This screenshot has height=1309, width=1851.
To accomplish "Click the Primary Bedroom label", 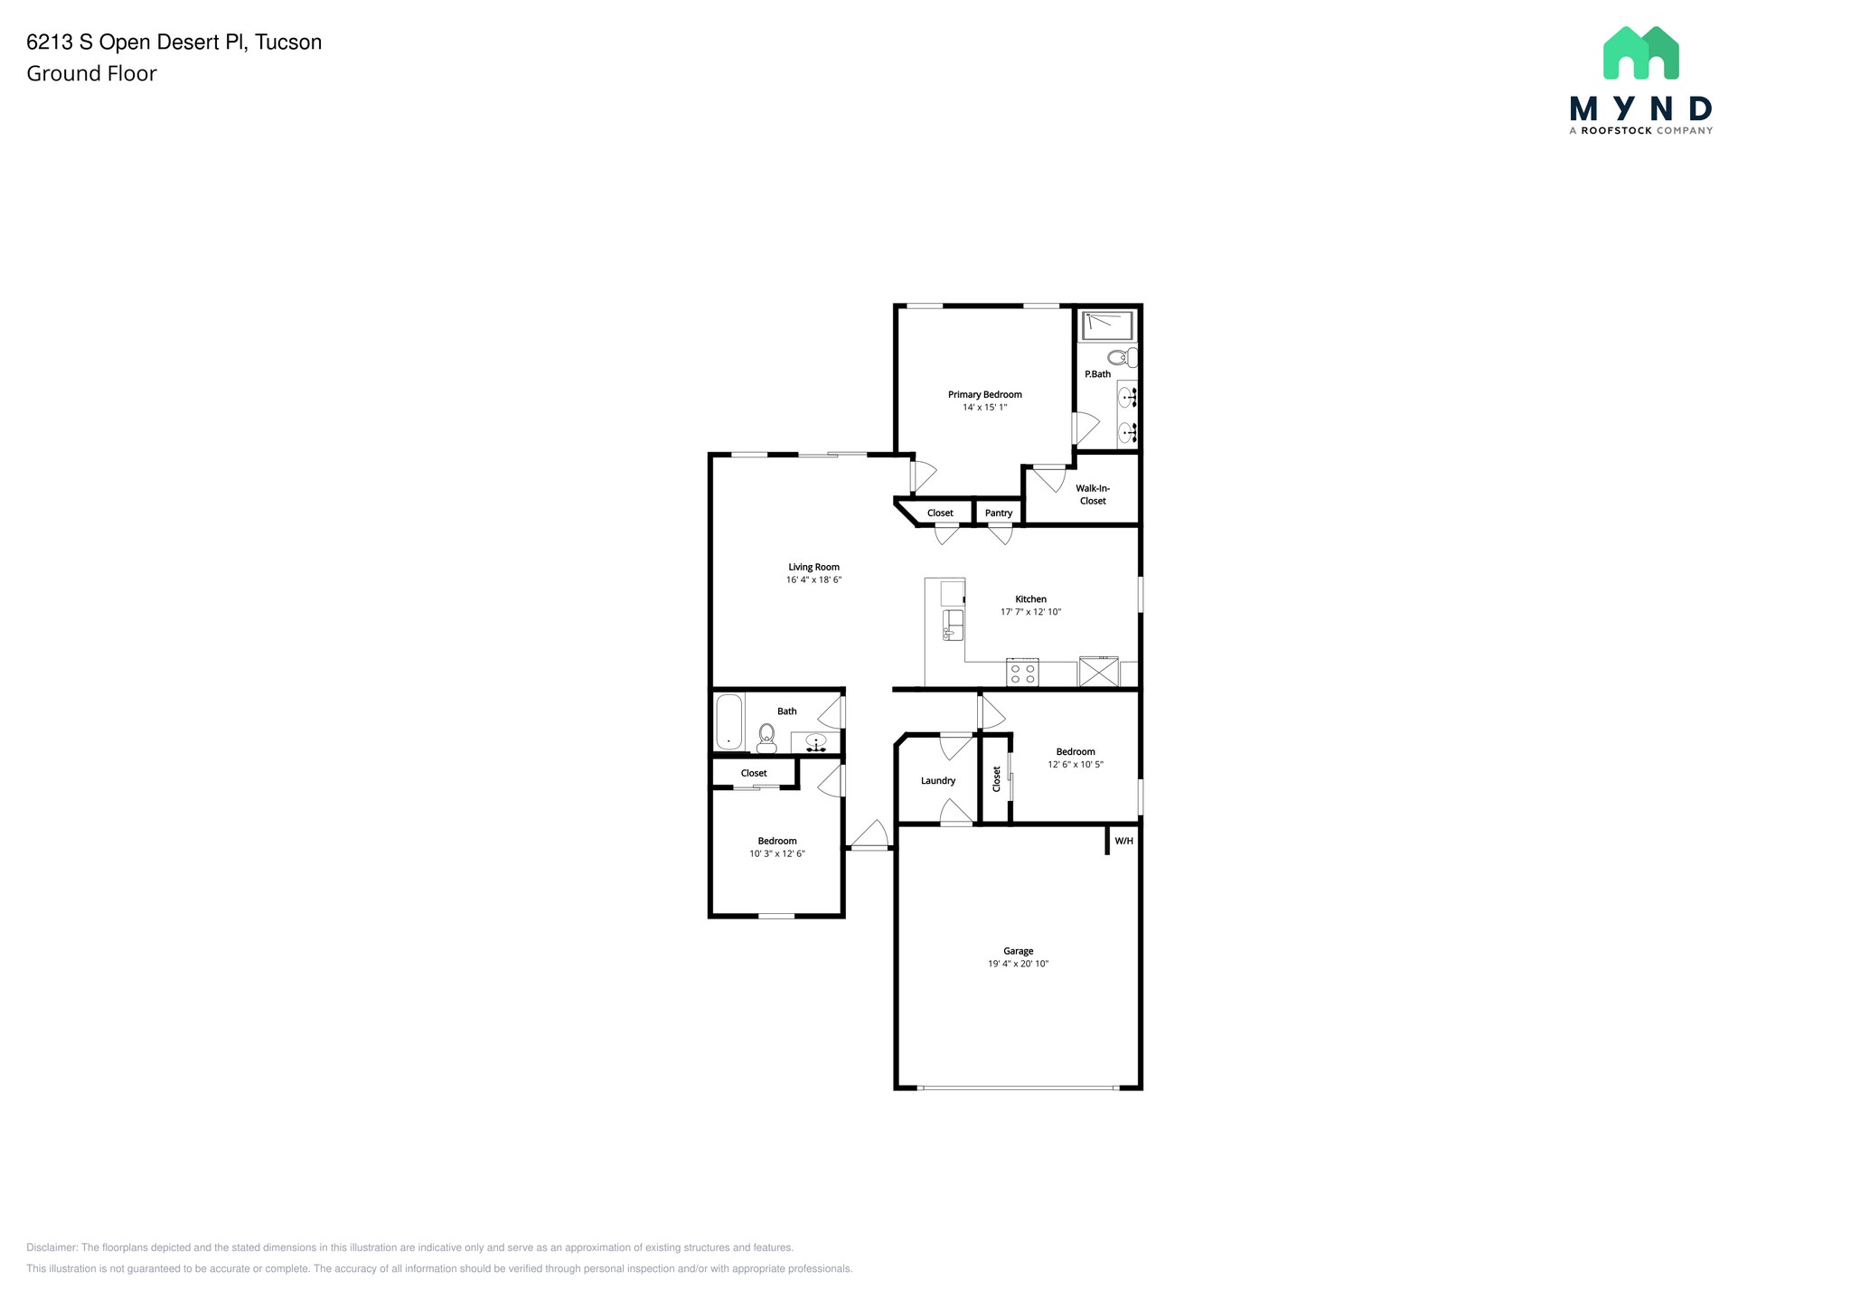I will point(984,394).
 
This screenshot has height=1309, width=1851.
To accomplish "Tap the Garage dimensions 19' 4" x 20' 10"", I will point(1018,964).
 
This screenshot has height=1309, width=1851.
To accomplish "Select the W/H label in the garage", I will point(1123,841).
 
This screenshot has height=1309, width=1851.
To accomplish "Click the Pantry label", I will point(999,513).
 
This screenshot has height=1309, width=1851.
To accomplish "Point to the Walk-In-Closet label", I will point(1093,494).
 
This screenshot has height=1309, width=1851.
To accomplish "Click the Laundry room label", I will point(938,780).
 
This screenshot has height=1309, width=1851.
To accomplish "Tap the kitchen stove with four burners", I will point(1023,673).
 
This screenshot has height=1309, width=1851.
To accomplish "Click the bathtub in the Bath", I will point(728,721).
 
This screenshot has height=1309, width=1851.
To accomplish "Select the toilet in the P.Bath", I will point(1122,357).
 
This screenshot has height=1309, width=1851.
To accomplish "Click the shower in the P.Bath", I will point(1107,325).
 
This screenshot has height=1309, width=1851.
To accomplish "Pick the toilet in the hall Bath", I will point(766,738).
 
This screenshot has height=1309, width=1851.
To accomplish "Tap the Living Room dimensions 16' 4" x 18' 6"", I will point(813,579).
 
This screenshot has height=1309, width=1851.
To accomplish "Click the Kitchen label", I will point(1030,598).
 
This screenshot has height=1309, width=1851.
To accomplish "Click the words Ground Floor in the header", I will point(91,73).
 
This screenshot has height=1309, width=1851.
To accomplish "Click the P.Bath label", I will point(1097,373).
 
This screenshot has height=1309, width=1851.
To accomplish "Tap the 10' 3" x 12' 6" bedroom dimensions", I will point(776,853).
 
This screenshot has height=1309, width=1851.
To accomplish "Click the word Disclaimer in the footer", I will point(52,1248).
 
